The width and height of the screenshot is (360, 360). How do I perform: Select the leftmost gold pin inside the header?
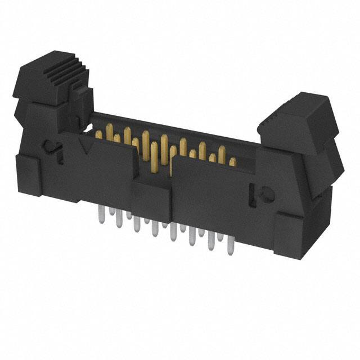pyautogui.click(x=99, y=134)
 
